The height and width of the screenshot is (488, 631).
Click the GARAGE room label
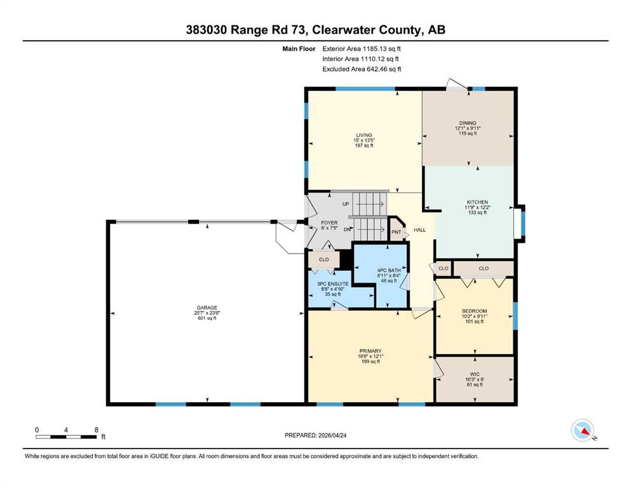pos(207,308)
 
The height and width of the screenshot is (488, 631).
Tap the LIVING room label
pos(363,135)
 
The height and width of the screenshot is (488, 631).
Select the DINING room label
pos(468,123)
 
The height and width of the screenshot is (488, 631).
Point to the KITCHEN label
pos(477,202)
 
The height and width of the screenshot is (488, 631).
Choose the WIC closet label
pos(475,374)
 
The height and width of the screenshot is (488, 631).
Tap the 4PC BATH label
pos(389,270)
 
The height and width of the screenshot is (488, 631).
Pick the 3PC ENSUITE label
pos(333,283)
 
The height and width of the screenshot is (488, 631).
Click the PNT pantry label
pos(397,232)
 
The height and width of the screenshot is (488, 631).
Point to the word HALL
pos(420,230)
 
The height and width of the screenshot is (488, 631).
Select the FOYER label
pos(329,223)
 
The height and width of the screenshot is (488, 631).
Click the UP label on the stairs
pos(346,204)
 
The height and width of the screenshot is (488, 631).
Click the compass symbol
pos(583,430)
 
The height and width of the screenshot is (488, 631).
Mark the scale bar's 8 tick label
pos(97,430)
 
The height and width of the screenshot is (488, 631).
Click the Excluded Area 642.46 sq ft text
pos(362,69)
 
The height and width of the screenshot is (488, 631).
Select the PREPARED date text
pos(315,435)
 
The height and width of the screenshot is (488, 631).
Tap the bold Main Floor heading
pos(299,49)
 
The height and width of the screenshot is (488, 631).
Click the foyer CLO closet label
pos(324,259)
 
